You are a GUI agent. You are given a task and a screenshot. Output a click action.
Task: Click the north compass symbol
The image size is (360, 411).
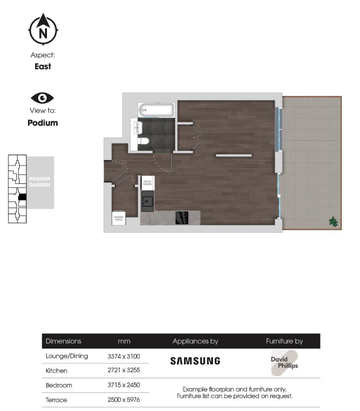point(43,30)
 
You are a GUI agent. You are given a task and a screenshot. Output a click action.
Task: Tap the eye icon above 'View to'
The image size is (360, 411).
point(43,98)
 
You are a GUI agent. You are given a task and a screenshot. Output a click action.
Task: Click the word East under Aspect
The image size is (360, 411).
point(43,66)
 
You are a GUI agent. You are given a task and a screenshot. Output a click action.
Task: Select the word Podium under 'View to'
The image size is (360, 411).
point(43,123)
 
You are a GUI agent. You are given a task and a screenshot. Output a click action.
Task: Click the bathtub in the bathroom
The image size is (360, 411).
point(156,109)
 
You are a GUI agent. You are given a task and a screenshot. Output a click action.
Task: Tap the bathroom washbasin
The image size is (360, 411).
point(138,127)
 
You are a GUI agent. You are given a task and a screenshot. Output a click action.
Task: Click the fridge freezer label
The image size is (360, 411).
point(148,183)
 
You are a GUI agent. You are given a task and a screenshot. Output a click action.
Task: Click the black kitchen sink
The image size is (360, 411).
point(147,202)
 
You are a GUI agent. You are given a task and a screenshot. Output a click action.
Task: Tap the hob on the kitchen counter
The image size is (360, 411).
point(182,218)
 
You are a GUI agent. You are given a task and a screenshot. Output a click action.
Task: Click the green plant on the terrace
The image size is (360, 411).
point(334,222)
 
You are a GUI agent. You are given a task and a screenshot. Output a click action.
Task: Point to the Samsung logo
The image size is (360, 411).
point(195,361)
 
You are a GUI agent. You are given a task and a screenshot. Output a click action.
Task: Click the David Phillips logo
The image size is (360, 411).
point(284,363)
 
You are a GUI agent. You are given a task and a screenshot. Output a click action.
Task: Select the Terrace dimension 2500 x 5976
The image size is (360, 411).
point(124,400)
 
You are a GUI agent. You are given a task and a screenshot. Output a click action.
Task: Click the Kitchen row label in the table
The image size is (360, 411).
point(56,371)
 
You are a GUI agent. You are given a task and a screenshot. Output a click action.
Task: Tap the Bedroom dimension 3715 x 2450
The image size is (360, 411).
point(124,385)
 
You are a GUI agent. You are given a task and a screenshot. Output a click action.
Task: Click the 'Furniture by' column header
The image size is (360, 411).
point(284,341)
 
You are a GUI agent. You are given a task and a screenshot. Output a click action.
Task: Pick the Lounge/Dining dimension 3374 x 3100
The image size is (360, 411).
point(124,356)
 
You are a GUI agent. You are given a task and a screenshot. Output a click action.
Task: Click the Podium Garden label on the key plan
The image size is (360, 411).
point(39,182)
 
